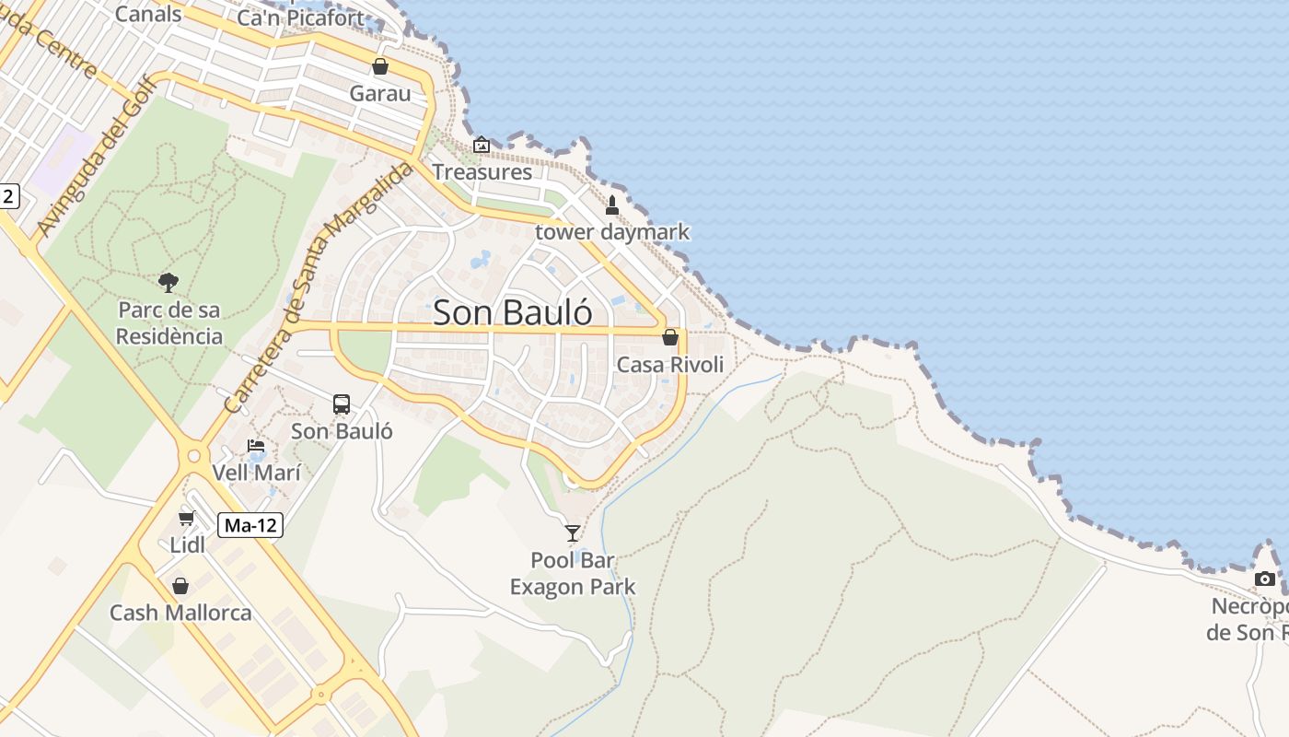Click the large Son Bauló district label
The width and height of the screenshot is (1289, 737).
tap(513, 312)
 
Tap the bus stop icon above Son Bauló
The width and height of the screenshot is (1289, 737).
tap(342, 404)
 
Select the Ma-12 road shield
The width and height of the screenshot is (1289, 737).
tap(250, 526)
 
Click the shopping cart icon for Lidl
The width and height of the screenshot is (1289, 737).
tap(187, 519)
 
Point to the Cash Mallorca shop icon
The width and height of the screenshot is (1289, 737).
tap(180, 586)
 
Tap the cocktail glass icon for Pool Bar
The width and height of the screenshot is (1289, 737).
tap(573, 533)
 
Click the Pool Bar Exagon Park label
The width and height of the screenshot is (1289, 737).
tap(573, 573)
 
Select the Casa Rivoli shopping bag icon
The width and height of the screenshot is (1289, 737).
tap(670, 338)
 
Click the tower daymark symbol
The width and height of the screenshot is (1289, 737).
tap(611, 205)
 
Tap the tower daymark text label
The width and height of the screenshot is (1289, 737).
tap(612, 232)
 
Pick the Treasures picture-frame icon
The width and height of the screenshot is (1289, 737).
tap(482, 146)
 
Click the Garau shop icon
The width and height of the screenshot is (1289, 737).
tap(379, 67)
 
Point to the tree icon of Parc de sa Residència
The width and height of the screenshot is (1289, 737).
tap(168, 283)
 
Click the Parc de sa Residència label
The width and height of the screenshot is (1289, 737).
tap(169, 322)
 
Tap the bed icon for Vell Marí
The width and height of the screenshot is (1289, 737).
tap(256, 447)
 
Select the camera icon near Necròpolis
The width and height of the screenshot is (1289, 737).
tap(1265, 579)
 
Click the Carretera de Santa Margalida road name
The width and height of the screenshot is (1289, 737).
tap(319, 287)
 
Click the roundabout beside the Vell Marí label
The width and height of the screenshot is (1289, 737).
tap(193, 455)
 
